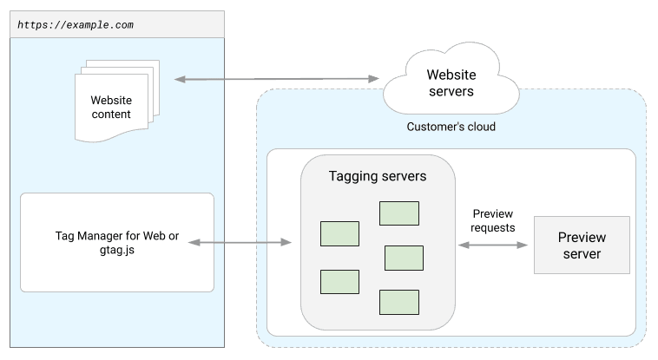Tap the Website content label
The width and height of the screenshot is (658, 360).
click(111, 108)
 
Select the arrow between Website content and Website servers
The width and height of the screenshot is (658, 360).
click(277, 79)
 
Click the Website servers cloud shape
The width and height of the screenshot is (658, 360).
click(451, 84)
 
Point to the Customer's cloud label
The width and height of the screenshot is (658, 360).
click(451, 127)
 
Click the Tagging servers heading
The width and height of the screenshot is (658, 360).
click(377, 176)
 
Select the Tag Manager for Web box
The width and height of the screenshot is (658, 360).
click(116, 242)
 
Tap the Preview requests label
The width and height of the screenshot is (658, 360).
click(492, 220)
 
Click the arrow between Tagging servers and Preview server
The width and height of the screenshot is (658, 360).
click(492, 245)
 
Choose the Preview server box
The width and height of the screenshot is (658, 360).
click(581, 245)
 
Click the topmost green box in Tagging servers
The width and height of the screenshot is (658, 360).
click(398, 213)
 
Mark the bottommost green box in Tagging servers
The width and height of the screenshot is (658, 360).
click(398, 302)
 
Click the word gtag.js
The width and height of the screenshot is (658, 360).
click(116, 251)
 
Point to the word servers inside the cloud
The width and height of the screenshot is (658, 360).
click(451, 93)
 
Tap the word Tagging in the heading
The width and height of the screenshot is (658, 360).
click(352, 176)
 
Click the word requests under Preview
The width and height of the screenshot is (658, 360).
click(492, 227)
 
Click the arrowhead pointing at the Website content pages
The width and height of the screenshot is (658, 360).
click(180, 80)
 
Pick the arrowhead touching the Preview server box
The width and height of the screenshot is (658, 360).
click(523, 245)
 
